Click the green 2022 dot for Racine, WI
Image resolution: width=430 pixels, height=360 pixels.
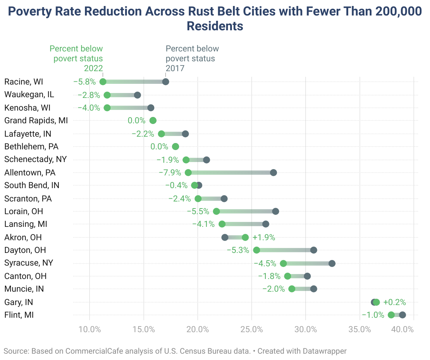(x=103, y=82)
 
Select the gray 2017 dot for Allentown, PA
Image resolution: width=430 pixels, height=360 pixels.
(x=274, y=173)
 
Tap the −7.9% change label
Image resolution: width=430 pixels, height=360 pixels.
(x=170, y=173)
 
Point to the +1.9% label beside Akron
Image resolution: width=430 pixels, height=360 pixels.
(x=264, y=237)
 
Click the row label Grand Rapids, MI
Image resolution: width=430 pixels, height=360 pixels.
(x=36, y=120)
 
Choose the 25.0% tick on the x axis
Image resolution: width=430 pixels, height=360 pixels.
(x=252, y=329)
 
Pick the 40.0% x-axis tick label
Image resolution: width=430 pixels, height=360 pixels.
(x=403, y=329)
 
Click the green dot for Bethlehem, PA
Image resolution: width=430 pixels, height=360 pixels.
(x=176, y=147)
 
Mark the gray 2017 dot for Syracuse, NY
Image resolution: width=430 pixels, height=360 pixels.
(x=332, y=263)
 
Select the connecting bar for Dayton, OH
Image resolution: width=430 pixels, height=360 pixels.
(x=285, y=250)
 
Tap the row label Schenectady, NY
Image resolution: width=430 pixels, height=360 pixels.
(x=36, y=159)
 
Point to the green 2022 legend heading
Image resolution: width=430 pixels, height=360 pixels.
(x=76, y=58)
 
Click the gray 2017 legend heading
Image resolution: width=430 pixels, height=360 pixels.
(x=192, y=58)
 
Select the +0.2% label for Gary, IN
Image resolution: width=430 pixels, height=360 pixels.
(x=394, y=302)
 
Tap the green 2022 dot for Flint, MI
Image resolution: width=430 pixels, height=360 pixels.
(x=391, y=315)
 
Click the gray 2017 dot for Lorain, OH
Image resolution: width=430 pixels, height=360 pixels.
(x=276, y=211)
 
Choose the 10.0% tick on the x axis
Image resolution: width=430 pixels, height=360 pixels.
(x=90, y=329)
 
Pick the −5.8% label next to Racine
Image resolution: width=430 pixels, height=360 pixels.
(x=85, y=82)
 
